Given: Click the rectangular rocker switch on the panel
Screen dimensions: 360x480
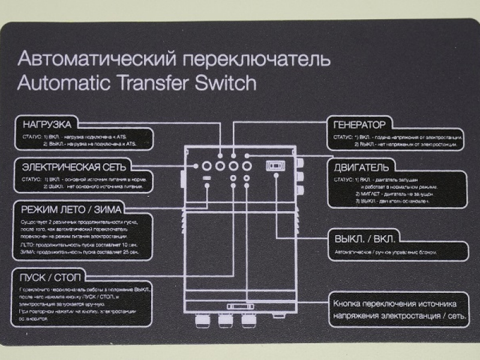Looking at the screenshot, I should (x=276, y=165).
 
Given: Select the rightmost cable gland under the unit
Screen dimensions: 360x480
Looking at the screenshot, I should (x=248, y=322).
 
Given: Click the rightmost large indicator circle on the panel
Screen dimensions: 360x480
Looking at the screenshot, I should (x=246, y=164).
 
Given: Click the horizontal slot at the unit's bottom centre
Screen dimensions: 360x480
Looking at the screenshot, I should (x=235, y=307).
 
